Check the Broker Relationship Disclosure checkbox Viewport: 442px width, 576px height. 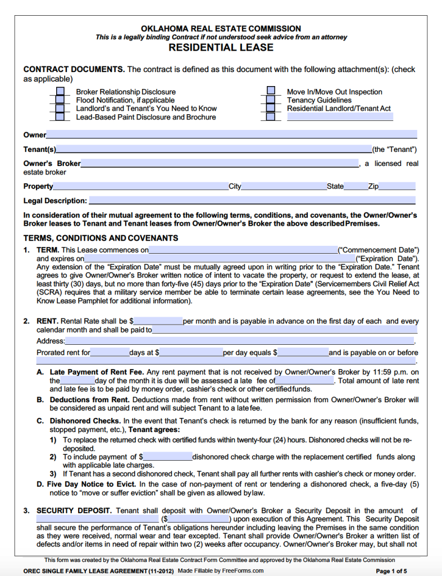point(60,92)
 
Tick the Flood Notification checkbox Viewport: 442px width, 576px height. point(60,100)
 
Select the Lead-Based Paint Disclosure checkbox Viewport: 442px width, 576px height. point(60,117)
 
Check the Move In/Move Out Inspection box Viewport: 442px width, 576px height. point(271,91)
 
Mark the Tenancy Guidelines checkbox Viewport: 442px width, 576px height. point(271,100)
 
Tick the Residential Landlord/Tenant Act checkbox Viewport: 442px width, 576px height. point(271,108)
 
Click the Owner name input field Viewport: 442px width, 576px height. point(231,134)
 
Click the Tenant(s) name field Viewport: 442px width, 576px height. point(213,149)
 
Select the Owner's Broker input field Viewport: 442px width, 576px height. point(220,164)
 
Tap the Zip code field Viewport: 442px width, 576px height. point(397,186)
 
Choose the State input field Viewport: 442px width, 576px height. point(356,186)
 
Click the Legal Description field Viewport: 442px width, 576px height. point(252,200)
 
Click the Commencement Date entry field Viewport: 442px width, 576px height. point(243,250)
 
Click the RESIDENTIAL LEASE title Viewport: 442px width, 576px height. point(221,48)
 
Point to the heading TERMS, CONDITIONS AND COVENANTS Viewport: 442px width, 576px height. point(101,238)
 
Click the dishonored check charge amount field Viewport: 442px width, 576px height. point(167,457)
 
